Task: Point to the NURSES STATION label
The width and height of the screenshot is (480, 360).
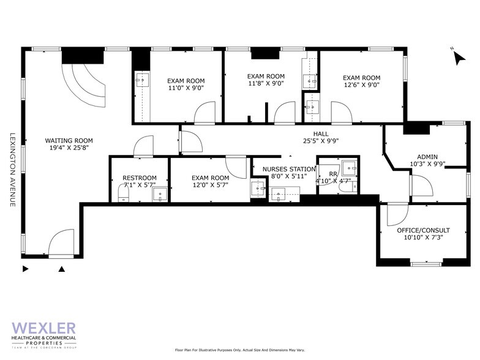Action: coord(289,169)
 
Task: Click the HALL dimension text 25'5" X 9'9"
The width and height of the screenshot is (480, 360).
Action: coord(321,141)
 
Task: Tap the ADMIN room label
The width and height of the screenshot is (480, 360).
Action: coord(427,156)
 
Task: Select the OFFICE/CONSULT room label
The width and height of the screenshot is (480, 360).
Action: coord(423,230)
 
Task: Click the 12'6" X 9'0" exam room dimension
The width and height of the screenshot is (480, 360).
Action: coord(361,86)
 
